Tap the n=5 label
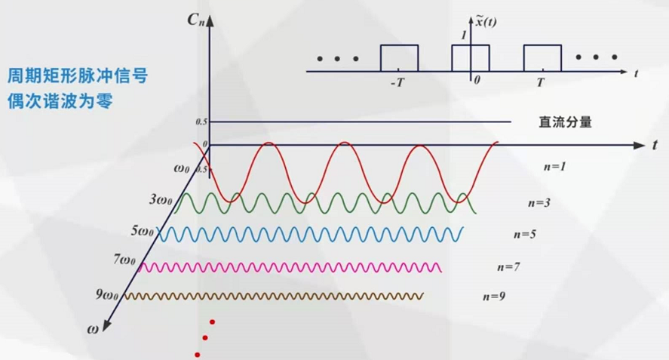524,234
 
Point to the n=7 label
509,266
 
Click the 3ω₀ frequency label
162,200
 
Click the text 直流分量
564,122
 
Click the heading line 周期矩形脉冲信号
77,75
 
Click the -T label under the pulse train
397,82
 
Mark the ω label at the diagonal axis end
93,328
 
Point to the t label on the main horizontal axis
655,143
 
